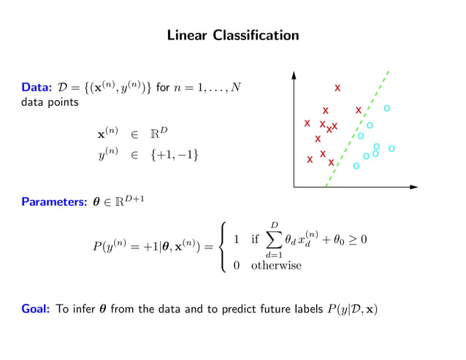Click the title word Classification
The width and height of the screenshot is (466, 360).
pyautogui.click(x=256, y=35)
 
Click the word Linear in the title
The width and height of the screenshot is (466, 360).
pyautogui.click(x=188, y=35)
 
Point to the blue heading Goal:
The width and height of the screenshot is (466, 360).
pyautogui.click(x=36, y=309)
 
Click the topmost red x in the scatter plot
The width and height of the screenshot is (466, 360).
pyautogui.click(x=337, y=88)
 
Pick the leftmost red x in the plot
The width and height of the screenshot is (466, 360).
pyautogui.click(x=308, y=123)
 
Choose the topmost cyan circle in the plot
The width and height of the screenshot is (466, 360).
pyautogui.click(x=387, y=108)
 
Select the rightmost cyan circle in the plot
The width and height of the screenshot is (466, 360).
pyautogui.click(x=391, y=148)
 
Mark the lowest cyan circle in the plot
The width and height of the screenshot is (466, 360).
pyautogui.click(x=356, y=166)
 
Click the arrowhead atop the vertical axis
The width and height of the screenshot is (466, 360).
pyautogui.click(x=294, y=74)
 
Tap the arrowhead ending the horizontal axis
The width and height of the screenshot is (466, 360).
pyautogui.click(x=418, y=188)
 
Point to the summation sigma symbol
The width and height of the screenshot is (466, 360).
pyautogui.click(x=274, y=239)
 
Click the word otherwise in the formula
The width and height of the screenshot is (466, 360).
pyautogui.click(x=275, y=266)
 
